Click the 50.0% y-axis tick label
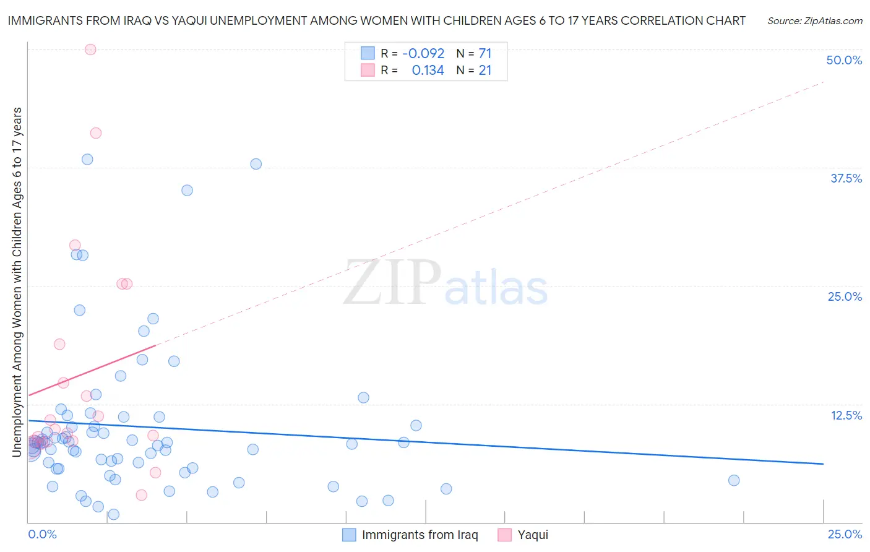(843, 61)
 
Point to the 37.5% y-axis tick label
(846, 179)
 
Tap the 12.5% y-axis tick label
(846, 416)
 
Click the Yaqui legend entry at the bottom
(532, 535)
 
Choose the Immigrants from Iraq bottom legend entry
(420, 535)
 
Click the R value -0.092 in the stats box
(423, 54)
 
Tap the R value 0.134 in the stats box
(428, 71)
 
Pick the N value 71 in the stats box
(485, 54)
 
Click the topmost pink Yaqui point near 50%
(90, 50)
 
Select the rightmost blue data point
(734, 480)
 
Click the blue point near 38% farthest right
(256, 164)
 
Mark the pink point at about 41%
(95, 133)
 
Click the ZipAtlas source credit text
(814, 21)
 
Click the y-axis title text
(17, 282)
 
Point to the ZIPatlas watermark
(446, 283)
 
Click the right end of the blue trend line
(823, 464)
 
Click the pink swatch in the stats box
(368, 71)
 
